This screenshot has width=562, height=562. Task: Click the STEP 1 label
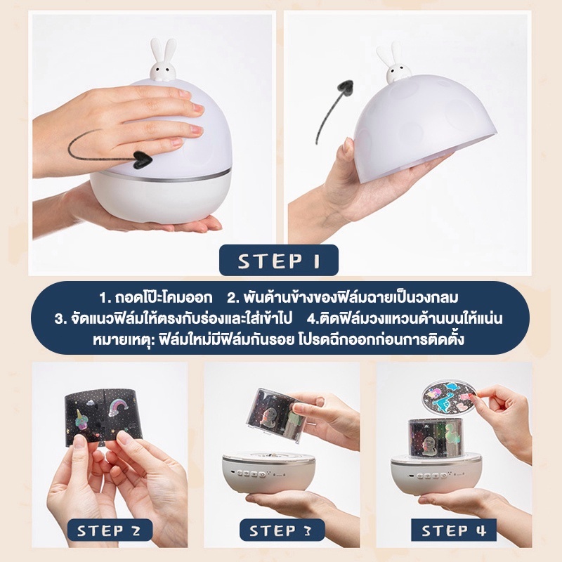[x=278, y=261]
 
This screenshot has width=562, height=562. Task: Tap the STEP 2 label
[x=109, y=530]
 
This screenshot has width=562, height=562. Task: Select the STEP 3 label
[x=282, y=530]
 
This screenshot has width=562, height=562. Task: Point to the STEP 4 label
[x=453, y=530]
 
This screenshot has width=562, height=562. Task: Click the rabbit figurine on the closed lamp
[x=163, y=60]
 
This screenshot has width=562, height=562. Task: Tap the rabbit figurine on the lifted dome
[x=393, y=64]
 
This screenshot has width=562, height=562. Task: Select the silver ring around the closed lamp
[x=160, y=176]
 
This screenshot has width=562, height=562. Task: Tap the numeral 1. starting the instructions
[x=104, y=298]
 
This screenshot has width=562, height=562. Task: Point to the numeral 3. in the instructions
[x=60, y=319]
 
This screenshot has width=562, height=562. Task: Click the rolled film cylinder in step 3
[x=275, y=414]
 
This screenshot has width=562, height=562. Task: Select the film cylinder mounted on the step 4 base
[x=436, y=439]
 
